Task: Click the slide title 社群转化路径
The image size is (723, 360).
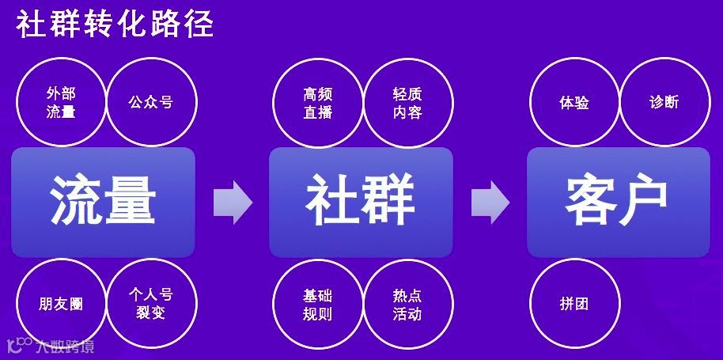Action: coord(115,24)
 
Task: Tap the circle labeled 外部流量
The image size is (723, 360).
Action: coord(61,103)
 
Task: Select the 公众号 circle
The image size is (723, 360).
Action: coord(150,103)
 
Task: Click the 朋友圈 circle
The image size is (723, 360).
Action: coord(61,305)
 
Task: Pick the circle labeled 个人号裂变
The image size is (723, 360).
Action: coord(150,305)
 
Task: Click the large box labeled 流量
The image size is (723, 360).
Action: coord(104,202)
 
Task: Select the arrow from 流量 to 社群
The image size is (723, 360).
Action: coord(232,202)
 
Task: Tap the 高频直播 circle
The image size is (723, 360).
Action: coord(317,103)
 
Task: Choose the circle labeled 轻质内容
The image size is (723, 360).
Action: coord(407,103)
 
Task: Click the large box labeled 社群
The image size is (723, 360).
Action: coord(361,202)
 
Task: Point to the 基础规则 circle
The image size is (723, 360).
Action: coord(317,305)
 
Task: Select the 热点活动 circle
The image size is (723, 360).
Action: coord(407,305)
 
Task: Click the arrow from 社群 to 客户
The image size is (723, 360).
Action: coord(490,202)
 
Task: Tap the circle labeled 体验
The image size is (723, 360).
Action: coord(574,103)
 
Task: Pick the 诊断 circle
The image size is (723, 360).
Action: coord(664,103)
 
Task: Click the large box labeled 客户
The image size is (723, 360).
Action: coord(618,202)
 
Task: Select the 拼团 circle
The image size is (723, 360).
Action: coord(574,305)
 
